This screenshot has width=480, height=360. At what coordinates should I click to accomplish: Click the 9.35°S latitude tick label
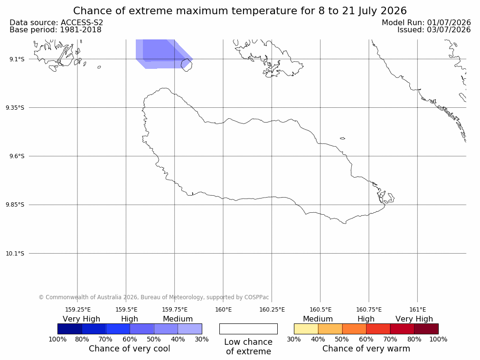point(15,107)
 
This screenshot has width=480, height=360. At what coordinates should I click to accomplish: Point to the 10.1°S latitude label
point(15,254)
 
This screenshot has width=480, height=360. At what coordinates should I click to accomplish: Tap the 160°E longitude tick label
point(223,310)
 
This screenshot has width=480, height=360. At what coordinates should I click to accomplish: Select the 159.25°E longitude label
point(78,310)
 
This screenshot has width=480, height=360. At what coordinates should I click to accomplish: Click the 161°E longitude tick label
point(417,310)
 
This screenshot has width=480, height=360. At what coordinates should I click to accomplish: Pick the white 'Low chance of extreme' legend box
point(249,329)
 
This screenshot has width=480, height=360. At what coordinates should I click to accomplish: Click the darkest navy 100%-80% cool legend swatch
point(70,329)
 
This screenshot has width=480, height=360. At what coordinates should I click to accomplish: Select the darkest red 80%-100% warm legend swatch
point(426,329)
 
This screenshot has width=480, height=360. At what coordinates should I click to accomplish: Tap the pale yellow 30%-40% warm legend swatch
point(306,329)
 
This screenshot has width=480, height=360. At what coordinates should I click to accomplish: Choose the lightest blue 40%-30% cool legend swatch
point(190,329)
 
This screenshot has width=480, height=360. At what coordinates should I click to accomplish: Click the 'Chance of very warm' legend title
point(366,349)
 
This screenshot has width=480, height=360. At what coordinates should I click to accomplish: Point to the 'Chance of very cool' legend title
point(130,349)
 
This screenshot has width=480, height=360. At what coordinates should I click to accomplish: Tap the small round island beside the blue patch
point(187,65)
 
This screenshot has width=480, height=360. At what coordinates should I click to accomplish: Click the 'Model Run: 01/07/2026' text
point(426,23)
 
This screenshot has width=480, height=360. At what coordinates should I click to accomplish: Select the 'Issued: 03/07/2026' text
point(434,30)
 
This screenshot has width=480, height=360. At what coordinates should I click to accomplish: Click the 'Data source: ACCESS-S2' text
point(56,23)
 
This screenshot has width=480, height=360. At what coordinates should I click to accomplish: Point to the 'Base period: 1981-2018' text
point(56,30)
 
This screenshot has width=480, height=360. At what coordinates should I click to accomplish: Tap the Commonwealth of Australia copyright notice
point(154,297)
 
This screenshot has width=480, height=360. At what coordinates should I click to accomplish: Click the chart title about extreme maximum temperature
point(240,11)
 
